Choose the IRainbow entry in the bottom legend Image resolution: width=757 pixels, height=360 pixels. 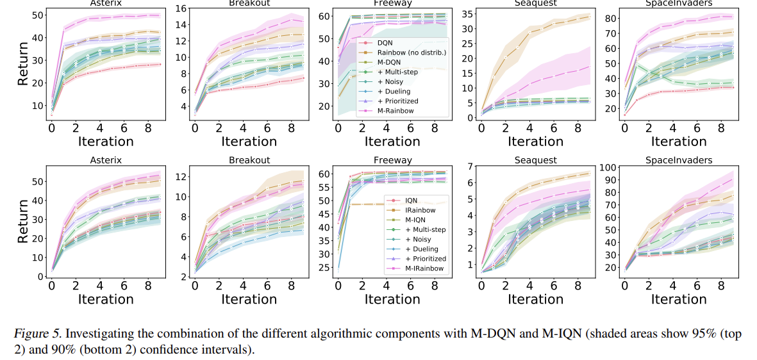[x=420, y=209]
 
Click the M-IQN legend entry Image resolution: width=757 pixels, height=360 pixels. [x=417, y=219]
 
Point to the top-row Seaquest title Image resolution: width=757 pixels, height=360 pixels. [x=536, y=3]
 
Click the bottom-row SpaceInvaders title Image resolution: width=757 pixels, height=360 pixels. [x=678, y=160]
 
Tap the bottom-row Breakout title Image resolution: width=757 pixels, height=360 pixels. [x=249, y=160]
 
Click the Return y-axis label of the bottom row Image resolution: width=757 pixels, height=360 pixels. [x=22, y=221]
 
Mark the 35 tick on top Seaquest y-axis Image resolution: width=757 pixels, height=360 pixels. [x=469, y=13]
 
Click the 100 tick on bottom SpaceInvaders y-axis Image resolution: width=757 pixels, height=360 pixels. [x=607, y=168]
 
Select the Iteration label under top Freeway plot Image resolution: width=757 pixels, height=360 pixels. [x=392, y=142]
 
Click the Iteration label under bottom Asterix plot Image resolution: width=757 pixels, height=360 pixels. [x=106, y=299]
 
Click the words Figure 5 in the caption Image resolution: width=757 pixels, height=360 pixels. [x=36, y=333]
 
